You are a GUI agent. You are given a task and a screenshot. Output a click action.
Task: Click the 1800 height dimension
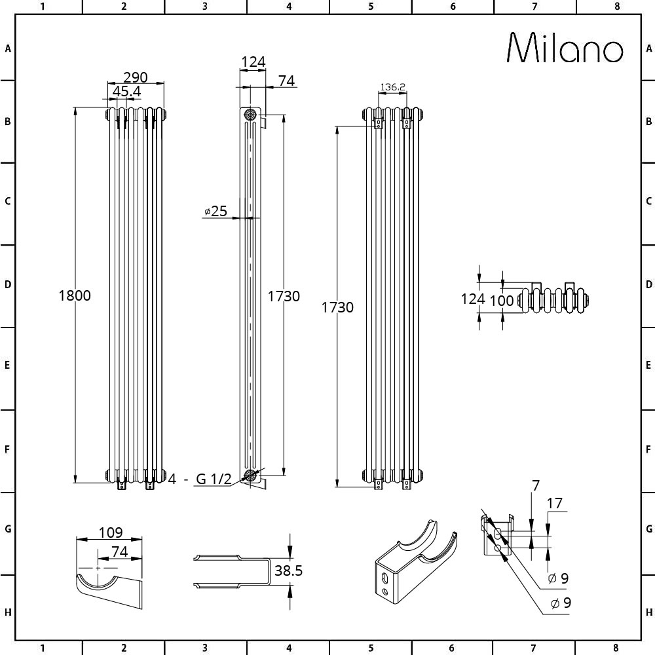[75, 295]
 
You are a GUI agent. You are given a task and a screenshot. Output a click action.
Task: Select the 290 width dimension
[136, 77]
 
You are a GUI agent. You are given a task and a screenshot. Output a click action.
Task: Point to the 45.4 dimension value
[126, 92]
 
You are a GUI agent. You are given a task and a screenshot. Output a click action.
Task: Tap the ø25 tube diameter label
[215, 211]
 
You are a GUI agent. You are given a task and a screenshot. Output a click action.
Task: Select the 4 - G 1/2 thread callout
[200, 479]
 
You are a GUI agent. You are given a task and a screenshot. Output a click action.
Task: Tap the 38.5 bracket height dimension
[288, 571]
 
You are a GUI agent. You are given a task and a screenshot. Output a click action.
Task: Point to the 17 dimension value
[554, 504]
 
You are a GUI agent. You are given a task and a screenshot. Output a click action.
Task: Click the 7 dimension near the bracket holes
[535, 486]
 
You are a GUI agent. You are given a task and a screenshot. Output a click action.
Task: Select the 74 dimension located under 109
[119, 552]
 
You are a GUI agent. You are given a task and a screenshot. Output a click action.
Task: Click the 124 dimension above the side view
[253, 62]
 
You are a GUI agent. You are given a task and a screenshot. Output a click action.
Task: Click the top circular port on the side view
[250, 114]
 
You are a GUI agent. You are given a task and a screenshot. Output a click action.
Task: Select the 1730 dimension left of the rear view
[337, 307]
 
